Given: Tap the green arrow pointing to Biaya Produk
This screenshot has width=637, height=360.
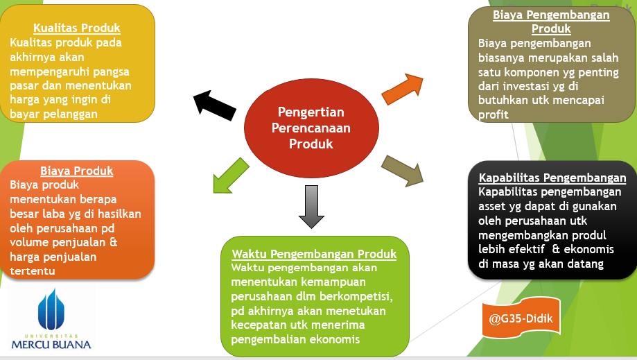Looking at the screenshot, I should click(x=229, y=174).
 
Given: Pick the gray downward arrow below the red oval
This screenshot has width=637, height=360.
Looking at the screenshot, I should click(x=311, y=207).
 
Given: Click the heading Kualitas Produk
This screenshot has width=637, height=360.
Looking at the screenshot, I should click(x=77, y=28).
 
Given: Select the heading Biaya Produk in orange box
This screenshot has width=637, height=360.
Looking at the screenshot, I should click(x=76, y=171).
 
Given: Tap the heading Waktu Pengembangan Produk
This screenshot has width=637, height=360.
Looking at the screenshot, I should click(x=314, y=253).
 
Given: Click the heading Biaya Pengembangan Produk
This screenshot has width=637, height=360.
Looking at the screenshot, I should click(x=551, y=22).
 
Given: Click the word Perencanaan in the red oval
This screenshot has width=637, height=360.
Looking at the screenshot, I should click(x=311, y=128).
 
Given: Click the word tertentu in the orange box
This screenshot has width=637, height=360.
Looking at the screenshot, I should click(x=33, y=271).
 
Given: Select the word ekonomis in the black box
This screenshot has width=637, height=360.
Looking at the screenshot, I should click(x=593, y=249).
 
